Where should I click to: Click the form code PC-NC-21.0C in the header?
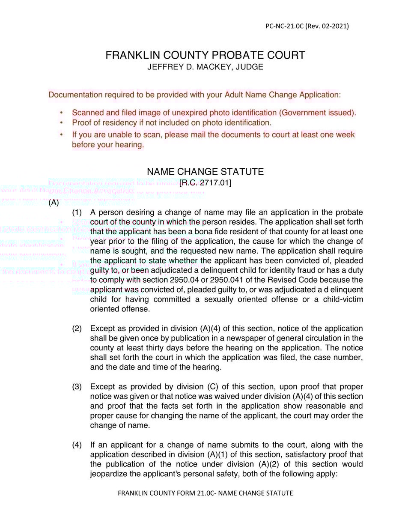pos(284,26)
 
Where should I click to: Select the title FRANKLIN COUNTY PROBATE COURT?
pos(205,55)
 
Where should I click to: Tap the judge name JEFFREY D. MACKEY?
pos(189,67)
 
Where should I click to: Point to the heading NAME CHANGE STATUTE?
pos(205,172)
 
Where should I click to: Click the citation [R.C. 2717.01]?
pos(205,183)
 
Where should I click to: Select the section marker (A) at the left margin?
pos(54,203)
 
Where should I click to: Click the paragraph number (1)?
pos(77,212)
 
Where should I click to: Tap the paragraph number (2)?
pos(77,329)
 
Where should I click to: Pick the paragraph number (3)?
pos(77,387)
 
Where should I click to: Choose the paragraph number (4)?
pos(77,445)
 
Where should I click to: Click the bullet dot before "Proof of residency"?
pos(62,123)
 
